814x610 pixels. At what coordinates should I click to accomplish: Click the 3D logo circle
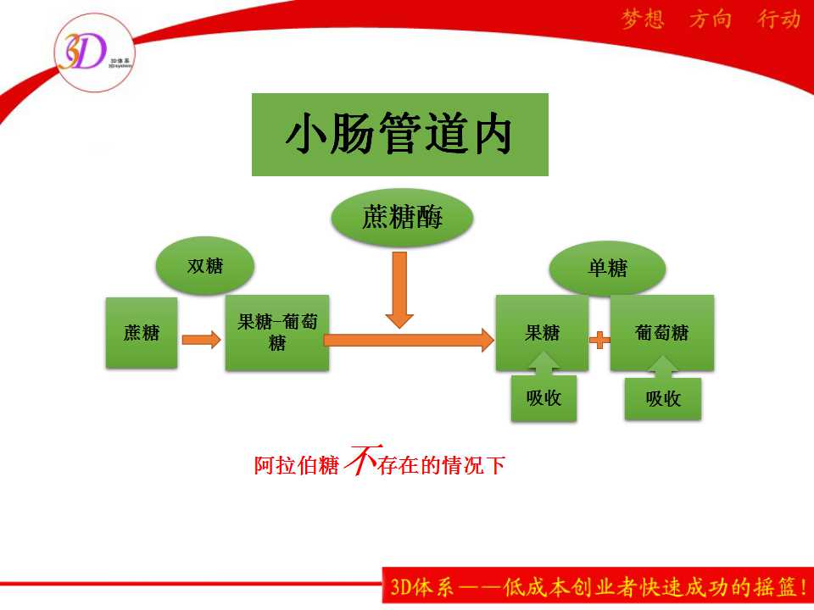coord(94,53)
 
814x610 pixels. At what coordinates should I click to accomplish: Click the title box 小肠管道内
coord(399,135)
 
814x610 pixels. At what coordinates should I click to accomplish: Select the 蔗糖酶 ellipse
coord(402,218)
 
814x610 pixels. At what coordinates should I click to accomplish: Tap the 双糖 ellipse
coord(205,265)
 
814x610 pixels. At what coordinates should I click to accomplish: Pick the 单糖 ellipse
coord(607,269)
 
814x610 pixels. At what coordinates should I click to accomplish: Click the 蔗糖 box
coord(142,332)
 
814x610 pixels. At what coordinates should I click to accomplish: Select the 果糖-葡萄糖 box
coord(277,332)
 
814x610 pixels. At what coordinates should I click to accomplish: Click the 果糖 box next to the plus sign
coord(542,332)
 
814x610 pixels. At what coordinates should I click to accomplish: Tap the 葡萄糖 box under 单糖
coord(662,332)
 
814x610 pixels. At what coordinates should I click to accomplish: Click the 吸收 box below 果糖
coord(544,398)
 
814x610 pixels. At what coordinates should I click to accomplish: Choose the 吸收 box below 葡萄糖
coord(663,398)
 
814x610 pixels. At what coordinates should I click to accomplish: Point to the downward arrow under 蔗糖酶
coord(399,290)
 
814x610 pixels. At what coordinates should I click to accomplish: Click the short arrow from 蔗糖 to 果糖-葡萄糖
coord(202,340)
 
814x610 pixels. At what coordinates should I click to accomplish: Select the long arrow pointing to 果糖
coord(409,340)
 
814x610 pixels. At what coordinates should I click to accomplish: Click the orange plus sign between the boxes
coord(599,341)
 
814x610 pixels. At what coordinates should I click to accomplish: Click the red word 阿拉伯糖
coord(297,465)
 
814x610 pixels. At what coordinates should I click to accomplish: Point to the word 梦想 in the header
coord(643,19)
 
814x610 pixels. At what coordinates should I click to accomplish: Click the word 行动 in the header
coord(778,19)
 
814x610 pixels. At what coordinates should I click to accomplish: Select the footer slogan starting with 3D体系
coord(599,586)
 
